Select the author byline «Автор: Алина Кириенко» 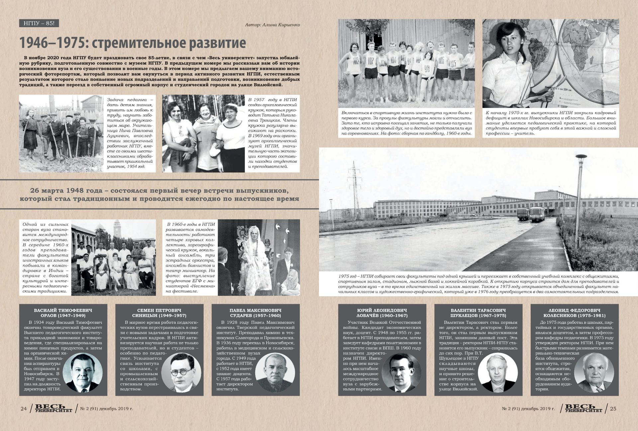(272, 25)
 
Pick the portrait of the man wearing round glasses (181, 372)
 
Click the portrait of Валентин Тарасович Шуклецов (497, 372)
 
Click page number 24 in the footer (24, 409)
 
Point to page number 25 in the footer (613, 409)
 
